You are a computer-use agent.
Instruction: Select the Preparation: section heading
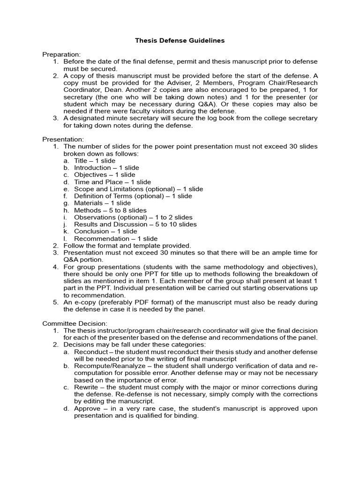(x=61, y=54)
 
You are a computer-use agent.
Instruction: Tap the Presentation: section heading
(x=63, y=139)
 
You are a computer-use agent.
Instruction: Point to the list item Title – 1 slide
(x=95, y=161)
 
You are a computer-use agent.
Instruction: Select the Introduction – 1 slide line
(x=106, y=168)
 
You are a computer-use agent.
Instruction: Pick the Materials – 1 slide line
(x=102, y=203)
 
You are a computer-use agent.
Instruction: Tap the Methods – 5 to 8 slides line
(x=110, y=210)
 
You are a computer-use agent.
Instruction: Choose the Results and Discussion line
(x=135, y=224)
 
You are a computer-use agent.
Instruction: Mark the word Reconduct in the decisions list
(x=91, y=352)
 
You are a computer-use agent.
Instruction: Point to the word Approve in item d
(x=87, y=409)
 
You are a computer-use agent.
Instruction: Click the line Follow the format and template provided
(x=127, y=246)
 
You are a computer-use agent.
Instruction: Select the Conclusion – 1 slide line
(x=105, y=231)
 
